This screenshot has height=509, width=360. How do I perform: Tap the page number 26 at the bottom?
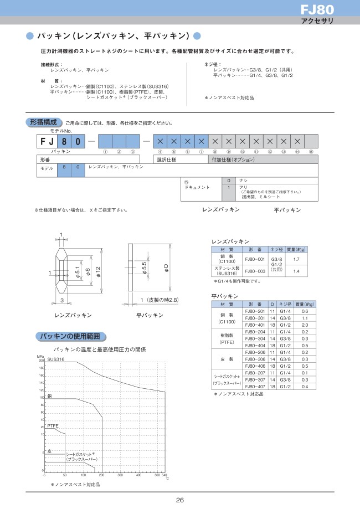tap(180, 500)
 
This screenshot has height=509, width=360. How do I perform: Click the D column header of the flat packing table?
tap(272, 305)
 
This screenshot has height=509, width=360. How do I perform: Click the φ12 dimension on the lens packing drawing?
tap(98, 273)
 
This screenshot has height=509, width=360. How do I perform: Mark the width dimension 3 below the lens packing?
tap(62, 300)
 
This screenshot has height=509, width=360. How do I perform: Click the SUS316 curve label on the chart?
tap(56, 359)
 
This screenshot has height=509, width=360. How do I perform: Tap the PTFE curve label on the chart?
tap(53, 425)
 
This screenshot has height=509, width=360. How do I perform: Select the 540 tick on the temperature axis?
tap(164, 475)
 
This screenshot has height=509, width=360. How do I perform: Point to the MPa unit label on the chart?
tap(40, 357)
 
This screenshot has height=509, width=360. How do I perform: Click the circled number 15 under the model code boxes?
tap(311, 152)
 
